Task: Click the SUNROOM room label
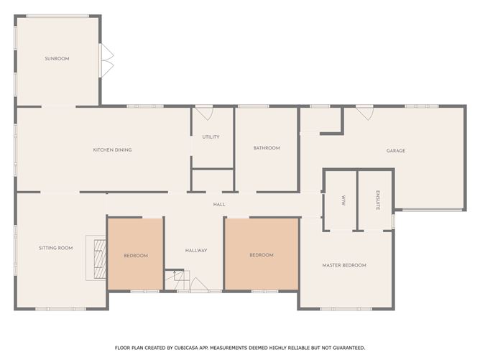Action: coord(57,58)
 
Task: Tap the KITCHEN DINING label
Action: coord(112,149)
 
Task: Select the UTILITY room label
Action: coord(211,137)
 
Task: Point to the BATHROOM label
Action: coord(267,148)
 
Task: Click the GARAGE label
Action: coord(396,151)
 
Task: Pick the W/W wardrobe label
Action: coord(343,200)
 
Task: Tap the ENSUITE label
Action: coord(378,200)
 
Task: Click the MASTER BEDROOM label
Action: coord(344,265)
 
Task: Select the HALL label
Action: coord(219,204)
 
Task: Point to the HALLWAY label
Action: coord(196,250)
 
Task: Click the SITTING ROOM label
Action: coord(56,248)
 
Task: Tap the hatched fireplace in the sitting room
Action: coord(100,259)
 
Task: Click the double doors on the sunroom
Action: coord(107,60)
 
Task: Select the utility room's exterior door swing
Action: coord(204,113)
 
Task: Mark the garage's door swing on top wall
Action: coord(364,113)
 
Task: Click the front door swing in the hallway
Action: coord(198,284)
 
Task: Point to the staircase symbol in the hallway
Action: coord(177,280)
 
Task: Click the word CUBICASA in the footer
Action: coord(186,348)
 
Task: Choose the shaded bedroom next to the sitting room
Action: coord(135,254)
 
